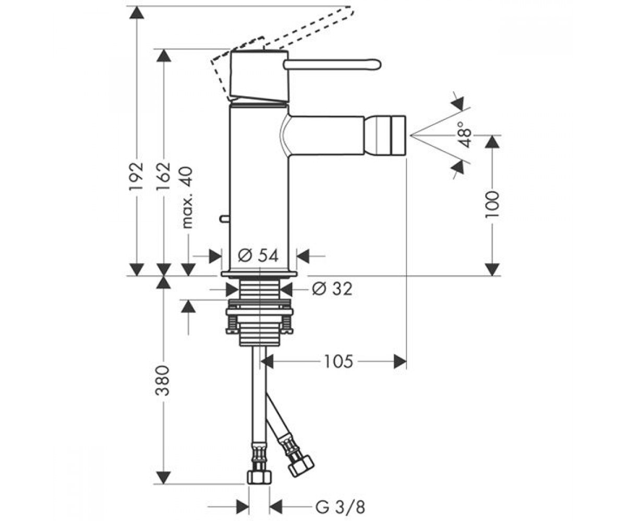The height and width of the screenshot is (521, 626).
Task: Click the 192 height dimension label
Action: tap(136, 177)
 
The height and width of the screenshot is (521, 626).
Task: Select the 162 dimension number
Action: tap(163, 177)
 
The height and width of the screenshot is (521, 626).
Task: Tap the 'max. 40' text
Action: tap(187, 197)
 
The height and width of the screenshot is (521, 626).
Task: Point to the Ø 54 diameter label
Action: tap(258, 256)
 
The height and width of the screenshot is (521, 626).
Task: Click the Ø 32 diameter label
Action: tap(332, 289)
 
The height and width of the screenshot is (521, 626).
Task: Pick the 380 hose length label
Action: tap(163, 380)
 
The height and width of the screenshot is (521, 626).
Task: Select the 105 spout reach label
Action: tap(338, 362)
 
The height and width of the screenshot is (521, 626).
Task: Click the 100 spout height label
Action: tap(492, 205)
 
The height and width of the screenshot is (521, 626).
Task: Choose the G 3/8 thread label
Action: tap(340, 499)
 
